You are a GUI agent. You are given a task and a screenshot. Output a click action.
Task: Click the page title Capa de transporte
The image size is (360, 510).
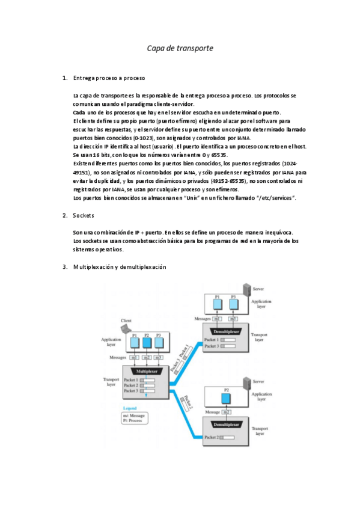coord(180,48)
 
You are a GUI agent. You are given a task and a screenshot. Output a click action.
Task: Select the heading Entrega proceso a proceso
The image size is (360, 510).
coord(108,78)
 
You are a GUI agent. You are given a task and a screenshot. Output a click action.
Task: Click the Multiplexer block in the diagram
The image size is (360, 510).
coord(146,372)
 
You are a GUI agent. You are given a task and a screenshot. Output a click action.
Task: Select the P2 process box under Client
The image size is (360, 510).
coord(146,343)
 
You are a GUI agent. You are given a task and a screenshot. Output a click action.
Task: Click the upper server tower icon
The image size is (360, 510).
coord(245,290)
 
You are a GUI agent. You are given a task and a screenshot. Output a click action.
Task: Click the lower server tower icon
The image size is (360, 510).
coord(245,382)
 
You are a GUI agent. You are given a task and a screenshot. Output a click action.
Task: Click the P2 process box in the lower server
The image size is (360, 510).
coord(226,397)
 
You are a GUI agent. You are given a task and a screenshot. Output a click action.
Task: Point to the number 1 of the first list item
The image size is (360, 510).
coord(64,78)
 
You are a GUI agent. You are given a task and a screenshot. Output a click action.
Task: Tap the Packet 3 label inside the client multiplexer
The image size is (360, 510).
coord(131,391)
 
